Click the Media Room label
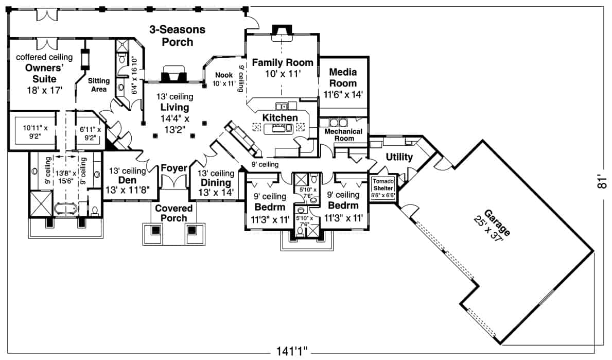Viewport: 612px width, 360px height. [x=343, y=77]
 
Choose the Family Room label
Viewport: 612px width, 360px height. [x=282, y=63]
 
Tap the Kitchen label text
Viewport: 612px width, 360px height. [x=280, y=118]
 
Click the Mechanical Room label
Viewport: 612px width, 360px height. [x=343, y=134]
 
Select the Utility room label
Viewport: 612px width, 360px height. [x=399, y=157]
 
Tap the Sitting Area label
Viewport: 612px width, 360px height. [x=98, y=85]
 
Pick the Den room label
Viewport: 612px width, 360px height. [x=127, y=180]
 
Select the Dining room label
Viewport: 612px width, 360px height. [x=216, y=182]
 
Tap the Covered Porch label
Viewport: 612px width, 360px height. [x=174, y=213]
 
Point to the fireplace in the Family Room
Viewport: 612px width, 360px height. [x=282, y=32]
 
